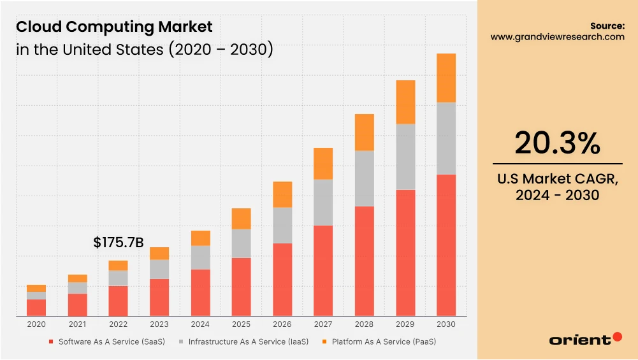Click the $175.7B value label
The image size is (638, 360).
pyautogui.click(x=118, y=243)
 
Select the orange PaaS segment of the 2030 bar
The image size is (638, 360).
pyautogui.click(x=446, y=78)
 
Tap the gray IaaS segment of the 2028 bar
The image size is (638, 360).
pyautogui.click(x=364, y=178)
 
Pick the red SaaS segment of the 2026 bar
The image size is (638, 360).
pyautogui.click(x=282, y=279)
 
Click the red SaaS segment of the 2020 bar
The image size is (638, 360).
pyautogui.click(x=36, y=307)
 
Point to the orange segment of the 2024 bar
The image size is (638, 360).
pyautogui.click(x=200, y=238)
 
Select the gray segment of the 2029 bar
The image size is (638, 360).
pyautogui.click(x=405, y=157)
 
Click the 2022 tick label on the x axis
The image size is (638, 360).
pyautogui.click(x=118, y=324)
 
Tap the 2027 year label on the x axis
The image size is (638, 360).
pyautogui.click(x=323, y=324)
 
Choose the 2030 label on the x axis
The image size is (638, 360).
pyautogui.click(x=446, y=324)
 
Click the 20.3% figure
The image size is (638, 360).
pyautogui.click(x=557, y=143)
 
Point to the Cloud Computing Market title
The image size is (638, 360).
pyautogui.click(x=114, y=27)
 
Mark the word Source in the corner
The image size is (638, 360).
pyautogui.click(x=607, y=25)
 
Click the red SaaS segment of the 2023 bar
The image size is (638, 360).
pyautogui.click(x=159, y=297)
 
